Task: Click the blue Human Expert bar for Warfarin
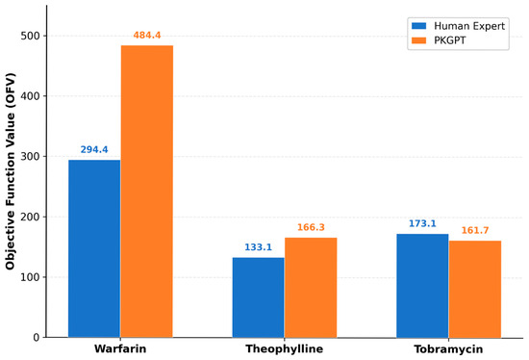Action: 94,248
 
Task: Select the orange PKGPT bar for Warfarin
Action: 147,192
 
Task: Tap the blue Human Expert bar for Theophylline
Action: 259,297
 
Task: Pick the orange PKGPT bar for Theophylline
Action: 311,288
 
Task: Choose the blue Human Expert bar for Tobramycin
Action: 422,286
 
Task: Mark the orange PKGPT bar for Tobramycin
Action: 475,289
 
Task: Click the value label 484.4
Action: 147,35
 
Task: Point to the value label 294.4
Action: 94,149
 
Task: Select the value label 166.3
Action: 311,227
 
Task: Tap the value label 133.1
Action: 258,247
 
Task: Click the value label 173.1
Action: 422,223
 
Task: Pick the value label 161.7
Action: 475,230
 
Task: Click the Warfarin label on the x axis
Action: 120,348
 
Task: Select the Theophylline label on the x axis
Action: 285,349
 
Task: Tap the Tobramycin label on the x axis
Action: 448,349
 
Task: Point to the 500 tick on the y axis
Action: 30,36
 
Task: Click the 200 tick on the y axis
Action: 30,217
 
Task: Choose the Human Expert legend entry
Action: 458,26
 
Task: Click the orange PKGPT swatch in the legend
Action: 419,40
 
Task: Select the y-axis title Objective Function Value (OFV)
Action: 11,171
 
